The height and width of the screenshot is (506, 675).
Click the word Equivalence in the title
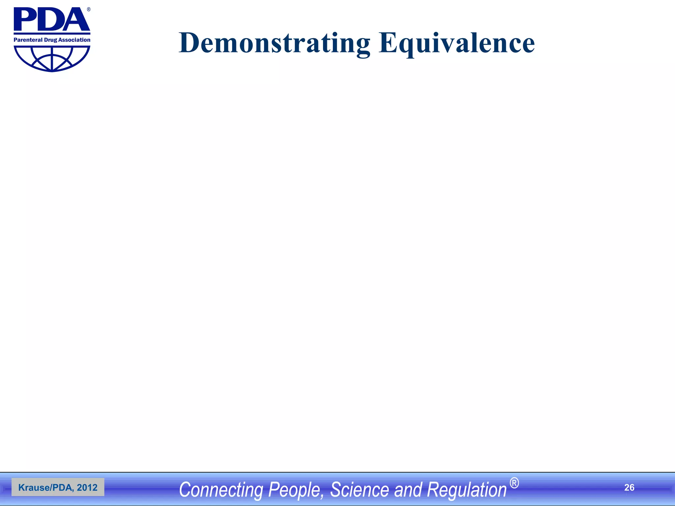pyautogui.click(x=456, y=43)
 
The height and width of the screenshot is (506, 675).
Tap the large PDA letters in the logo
pyautogui.click(x=51, y=20)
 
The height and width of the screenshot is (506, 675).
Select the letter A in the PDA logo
pyautogui.click(x=75, y=20)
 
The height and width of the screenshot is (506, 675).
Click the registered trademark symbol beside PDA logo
pyautogui.click(x=89, y=10)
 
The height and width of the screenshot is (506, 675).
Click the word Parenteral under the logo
pyautogui.click(x=28, y=40)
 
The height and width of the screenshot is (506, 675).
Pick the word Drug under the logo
pyautogui.click(x=50, y=40)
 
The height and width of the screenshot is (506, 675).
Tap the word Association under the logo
pyautogui.click(x=74, y=40)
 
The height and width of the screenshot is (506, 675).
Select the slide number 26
pyautogui.click(x=629, y=488)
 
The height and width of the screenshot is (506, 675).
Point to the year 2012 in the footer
pyautogui.click(x=87, y=488)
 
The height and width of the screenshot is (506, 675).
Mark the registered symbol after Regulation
pyautogui.click(x=514, y=483)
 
